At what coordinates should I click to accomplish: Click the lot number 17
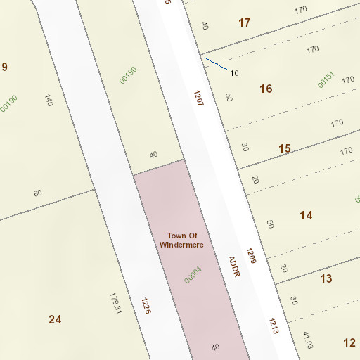(x=244, y=23)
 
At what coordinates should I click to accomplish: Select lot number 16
(x=265, y=89)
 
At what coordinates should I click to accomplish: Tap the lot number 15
(x=284, y=148)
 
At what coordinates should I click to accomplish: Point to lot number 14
(x=306, y=215)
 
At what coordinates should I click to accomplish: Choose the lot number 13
(x=326, y=279)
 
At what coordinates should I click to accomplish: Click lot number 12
(x=349, y=342)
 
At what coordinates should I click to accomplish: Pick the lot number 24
(x=55, y=319)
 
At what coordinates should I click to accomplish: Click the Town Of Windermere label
(x=181, y=240)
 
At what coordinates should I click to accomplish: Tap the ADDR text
(x=234, y=265)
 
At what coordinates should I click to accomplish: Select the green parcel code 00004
(x=193, y=275)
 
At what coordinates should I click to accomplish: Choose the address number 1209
(x=251, y=256)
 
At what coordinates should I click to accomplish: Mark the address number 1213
(x=274, y=326)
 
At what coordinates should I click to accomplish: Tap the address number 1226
(x=146, y=306)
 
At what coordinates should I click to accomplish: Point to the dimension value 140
(x=49, y=100)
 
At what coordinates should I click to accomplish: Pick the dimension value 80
(x=37, y=193)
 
